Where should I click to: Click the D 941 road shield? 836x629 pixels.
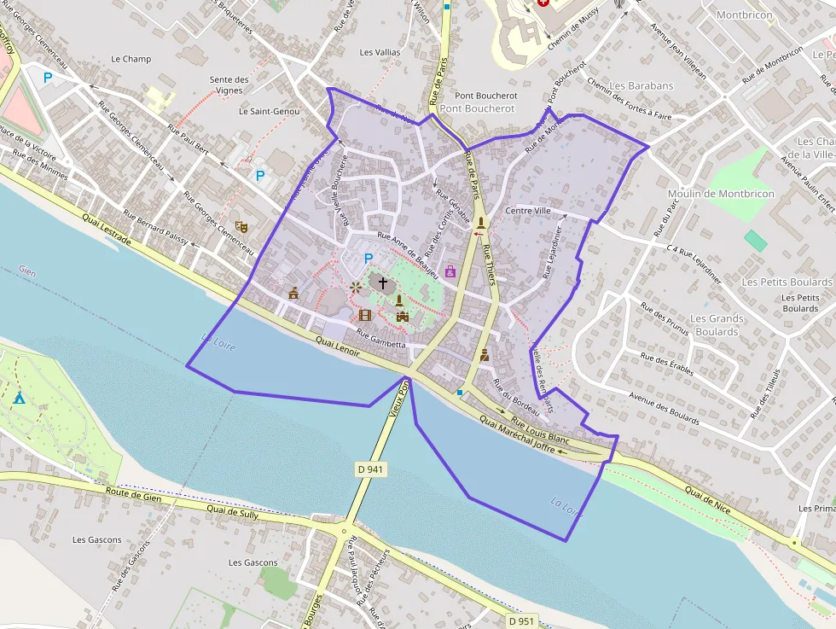pyautogui.click(x=371, y=469)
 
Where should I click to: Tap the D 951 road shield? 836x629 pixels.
pyautogui.click(x=520, y=620)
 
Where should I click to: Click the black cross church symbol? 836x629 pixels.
pyautogui.click(x=382, y=282)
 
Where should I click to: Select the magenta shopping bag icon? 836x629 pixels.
pyautogui.click(x=450, y=271)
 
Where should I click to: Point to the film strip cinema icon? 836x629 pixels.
pyautogui.click(x=365, y=315)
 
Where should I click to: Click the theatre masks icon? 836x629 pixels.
pyautogui.click(x=241, y=227)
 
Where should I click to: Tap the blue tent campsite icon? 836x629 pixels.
pyautogui.click(x=19, y=398)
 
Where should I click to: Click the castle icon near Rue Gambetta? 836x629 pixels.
pyautogui.click(x=402, y=317)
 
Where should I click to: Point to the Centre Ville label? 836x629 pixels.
pyautogui.click(x=529, y=211)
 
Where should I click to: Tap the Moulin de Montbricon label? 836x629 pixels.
pyautogui.click(x=721, y=194)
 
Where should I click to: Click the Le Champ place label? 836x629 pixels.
pyautogui.click(x=131, y=59)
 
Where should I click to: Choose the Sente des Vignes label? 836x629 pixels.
pyautogui.click(x=229, y=84)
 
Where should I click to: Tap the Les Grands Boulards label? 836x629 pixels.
pyautogui.click(x=717, y=325)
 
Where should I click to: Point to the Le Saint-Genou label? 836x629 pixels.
pyautogui.click(x=269, y=111)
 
